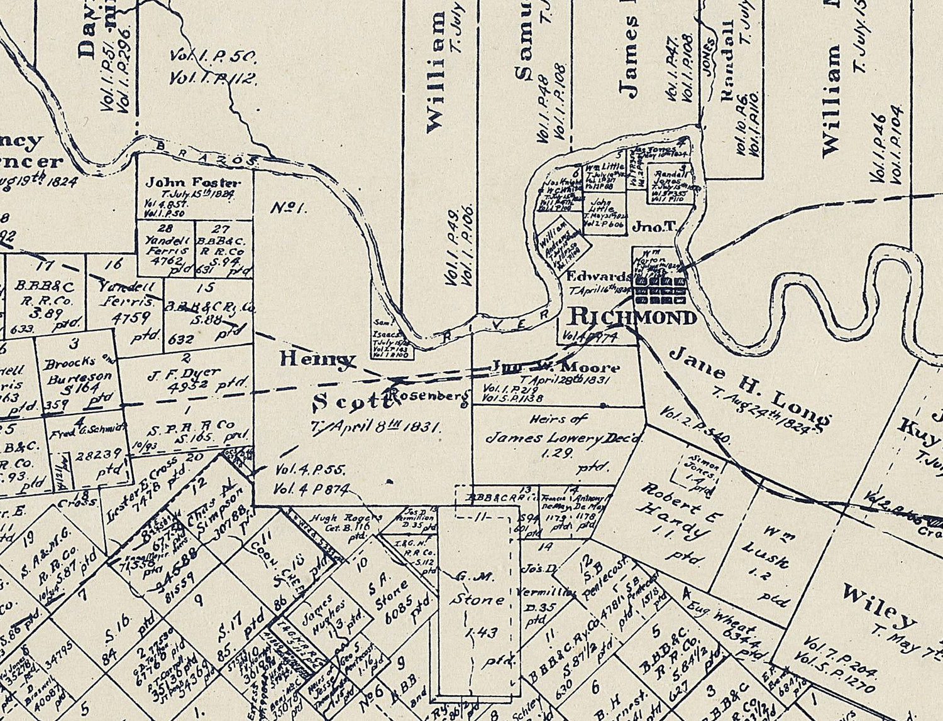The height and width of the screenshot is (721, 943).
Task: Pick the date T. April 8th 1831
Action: pos(376,426)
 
